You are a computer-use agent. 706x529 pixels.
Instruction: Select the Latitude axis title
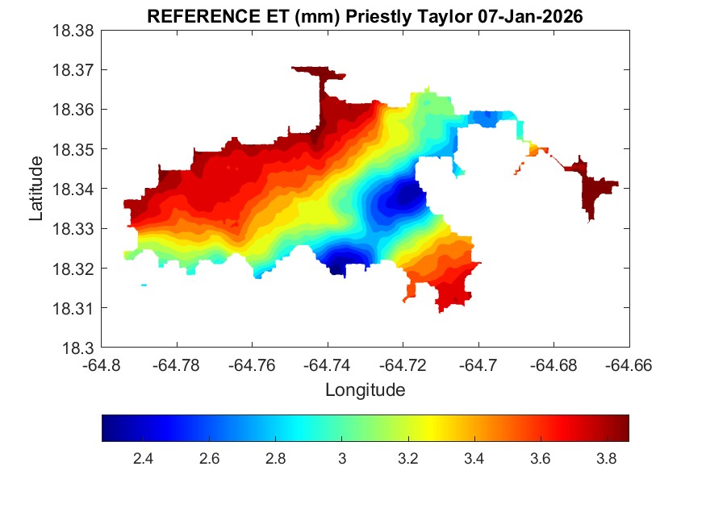(36, 190)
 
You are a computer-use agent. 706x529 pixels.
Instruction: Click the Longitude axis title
(365, 390)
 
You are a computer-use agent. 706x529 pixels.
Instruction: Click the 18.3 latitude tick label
(81, 348)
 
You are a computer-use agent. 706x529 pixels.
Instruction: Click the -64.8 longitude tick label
(102, 364)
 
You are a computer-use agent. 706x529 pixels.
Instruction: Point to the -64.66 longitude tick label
(629, 364)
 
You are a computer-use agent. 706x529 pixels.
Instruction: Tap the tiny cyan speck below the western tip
(144, 285)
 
